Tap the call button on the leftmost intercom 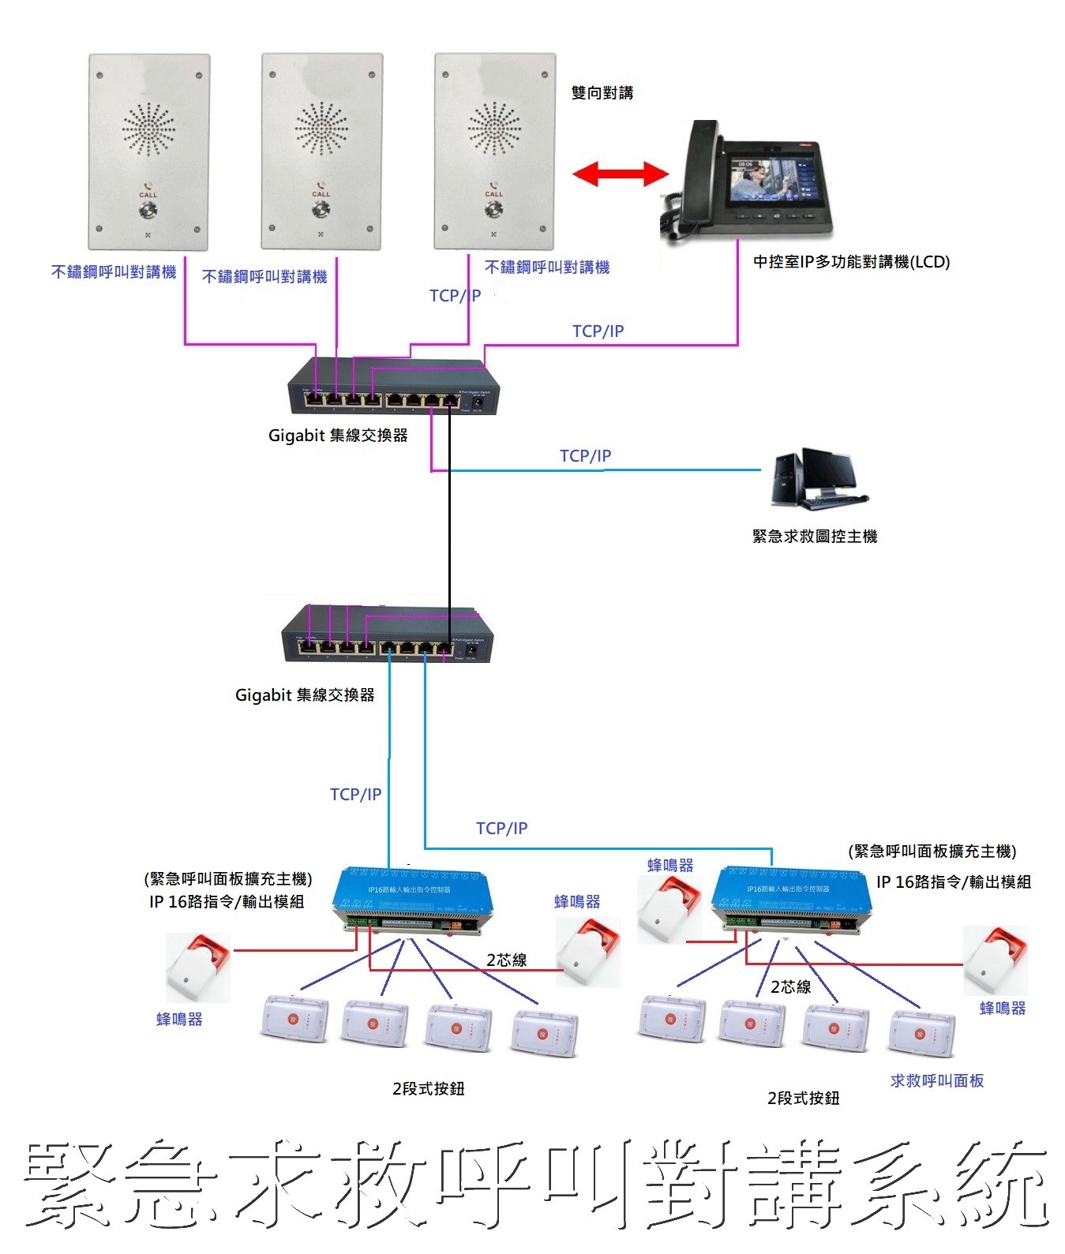[x=148, y=210]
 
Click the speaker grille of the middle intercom [x=321, y=129]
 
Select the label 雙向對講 [x=602, y=93]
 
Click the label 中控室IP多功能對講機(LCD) [x=851, y=262]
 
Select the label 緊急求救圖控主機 [x=815, y=537]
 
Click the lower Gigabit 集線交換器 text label [x=305, y=695]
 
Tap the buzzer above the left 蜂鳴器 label [x=197, y=967]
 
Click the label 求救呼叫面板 [x=936, y=1081]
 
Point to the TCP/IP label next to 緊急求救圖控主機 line [x=585, y=455]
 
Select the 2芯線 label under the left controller [x=506, y=960]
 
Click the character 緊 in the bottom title [x=69, y=1185]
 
